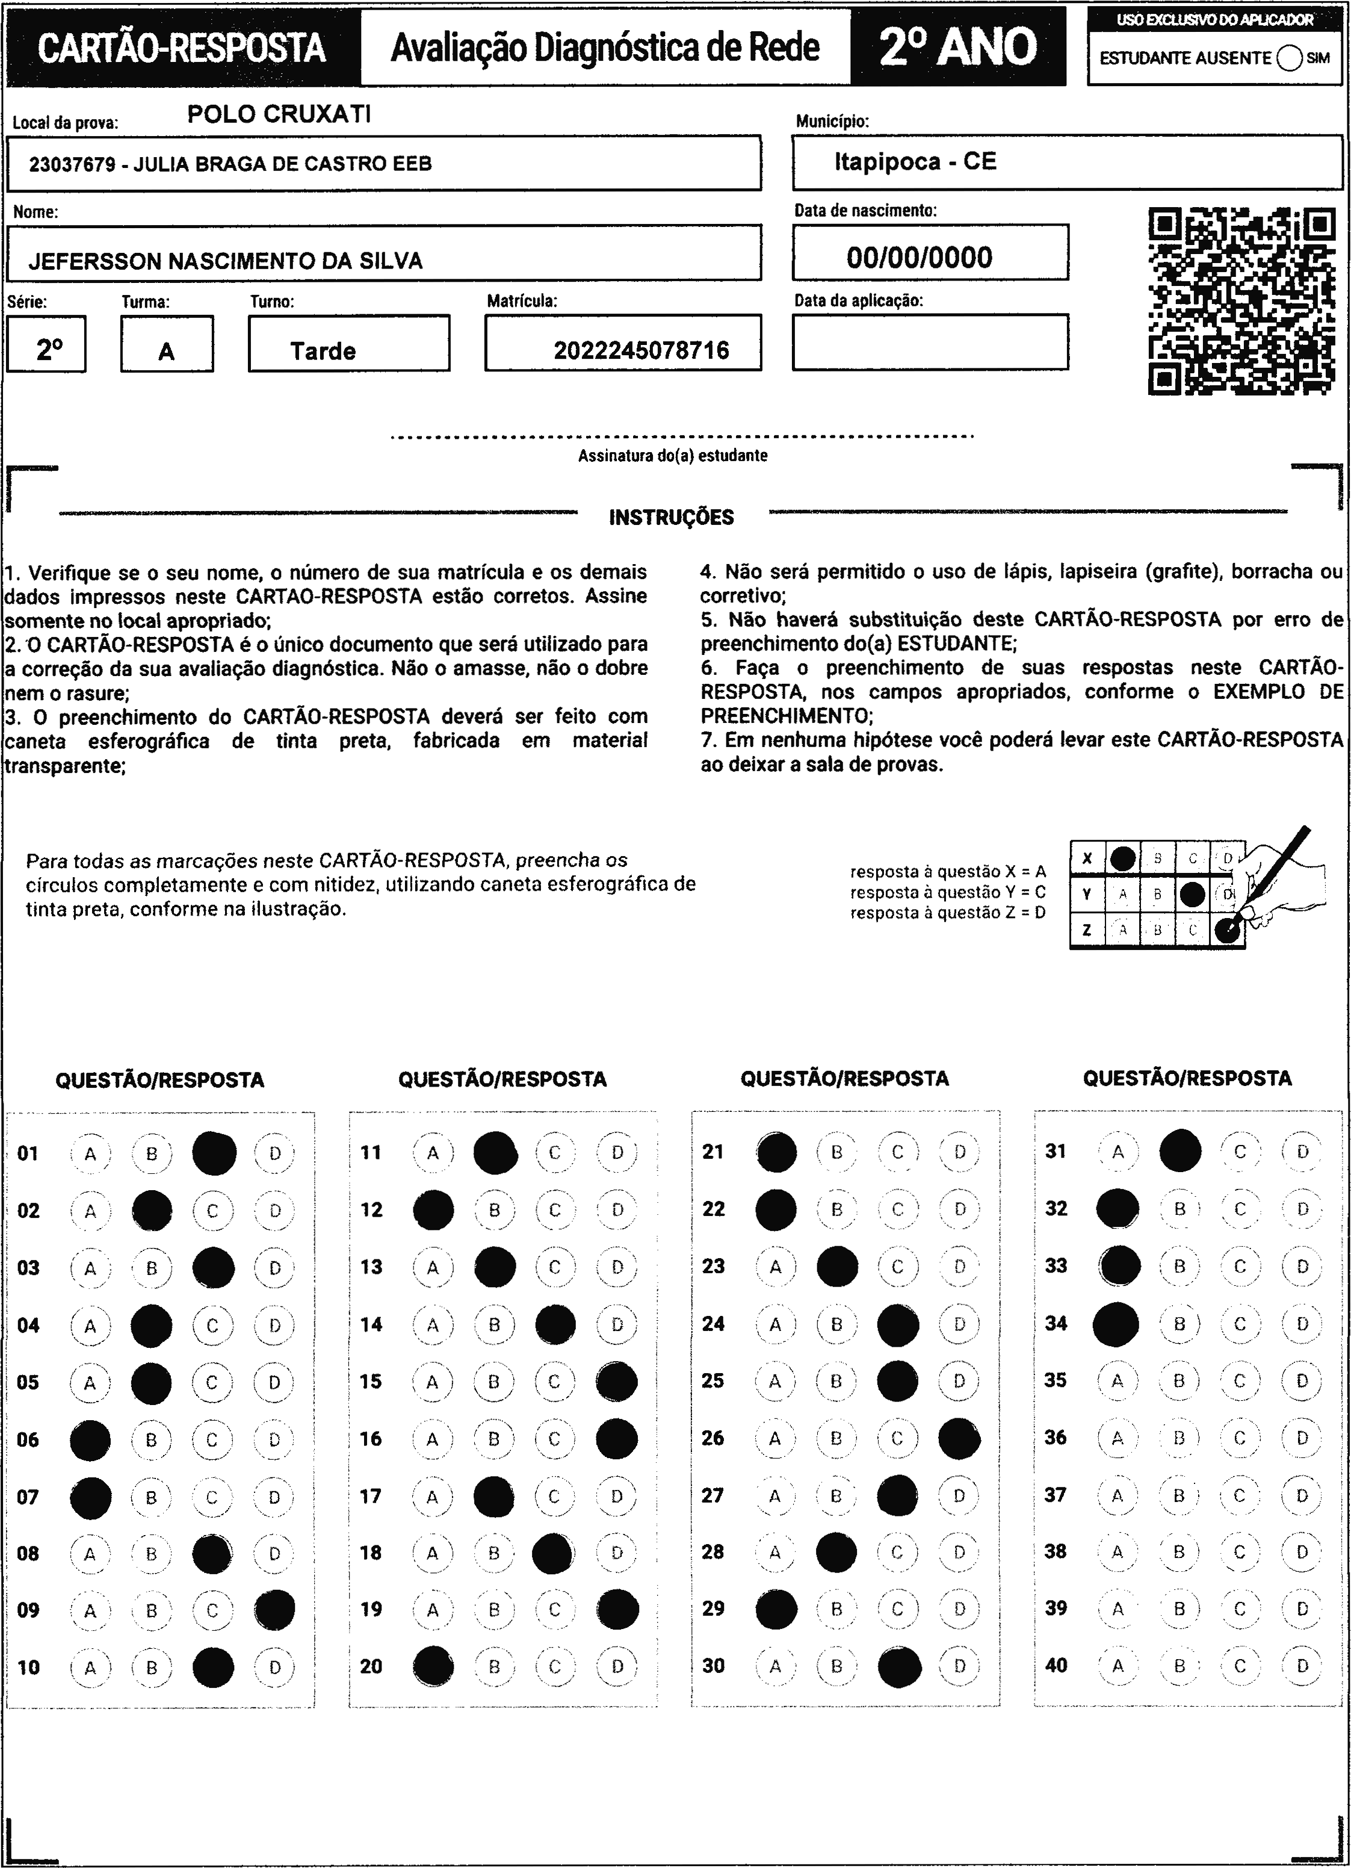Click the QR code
coord(1241,302)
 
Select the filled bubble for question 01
coord(214,1153)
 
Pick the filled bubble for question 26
coord(959,1438)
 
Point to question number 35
coord(1056,1380)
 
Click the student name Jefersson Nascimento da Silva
coord(226,261)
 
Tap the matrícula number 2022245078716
coord(641,351)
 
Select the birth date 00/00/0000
coord(920,258)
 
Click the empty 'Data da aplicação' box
coord(930,342)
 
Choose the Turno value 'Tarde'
coord(323,352)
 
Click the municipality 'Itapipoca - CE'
coord(915,161)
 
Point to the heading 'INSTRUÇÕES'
coord(671,517)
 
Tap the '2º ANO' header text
coord(957,47)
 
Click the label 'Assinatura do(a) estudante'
coord(673,456)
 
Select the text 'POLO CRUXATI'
coord(279,114)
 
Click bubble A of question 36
coord(1117,1438)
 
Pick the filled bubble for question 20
coord(433,1666)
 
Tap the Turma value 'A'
coord(166,352)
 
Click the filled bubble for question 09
coord(275,1609)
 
